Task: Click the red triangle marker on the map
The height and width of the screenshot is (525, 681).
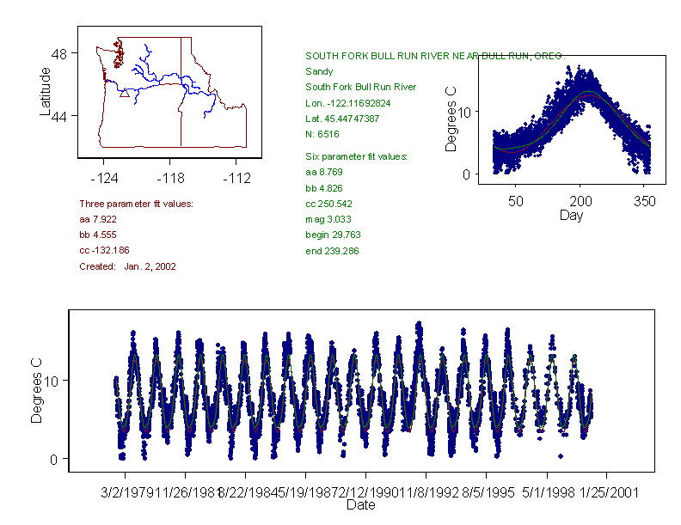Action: pos(125,93)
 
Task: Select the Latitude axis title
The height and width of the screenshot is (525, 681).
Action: pos(46,91)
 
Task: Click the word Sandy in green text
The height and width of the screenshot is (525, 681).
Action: pos(319,71)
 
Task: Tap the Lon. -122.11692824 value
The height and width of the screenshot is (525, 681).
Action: pos(348,102)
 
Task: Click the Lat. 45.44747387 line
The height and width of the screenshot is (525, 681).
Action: pos(342,118)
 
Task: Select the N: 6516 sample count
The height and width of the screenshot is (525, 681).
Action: pos(322,134)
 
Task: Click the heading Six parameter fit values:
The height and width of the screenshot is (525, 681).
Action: pos(356,156)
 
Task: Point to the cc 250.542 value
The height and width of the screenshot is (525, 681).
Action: pos(328,204)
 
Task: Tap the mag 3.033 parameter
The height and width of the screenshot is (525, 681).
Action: pos(328,219)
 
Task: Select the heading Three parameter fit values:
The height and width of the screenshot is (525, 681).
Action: pos(136,204)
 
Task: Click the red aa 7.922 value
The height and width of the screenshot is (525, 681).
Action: pos(97,219)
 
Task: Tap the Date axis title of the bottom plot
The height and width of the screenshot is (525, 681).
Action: pos(360,505)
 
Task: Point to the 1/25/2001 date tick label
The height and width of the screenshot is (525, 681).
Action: pos(607,492)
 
